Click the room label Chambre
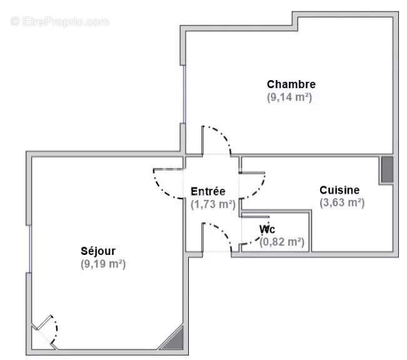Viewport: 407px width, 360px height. pyautogui.click(x=291, y=84)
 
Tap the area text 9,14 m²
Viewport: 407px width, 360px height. pyautogui.click(x=289, y=97)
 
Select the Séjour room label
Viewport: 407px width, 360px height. pyautogui.click(x=98, y=251)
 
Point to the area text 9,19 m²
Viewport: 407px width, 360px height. pyautogui.click(x=104, y=264)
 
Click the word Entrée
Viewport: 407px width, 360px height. pyautogui.click(x=208, y=191)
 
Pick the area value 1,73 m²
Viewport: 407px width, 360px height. pyautogui.click(x=213, y=204)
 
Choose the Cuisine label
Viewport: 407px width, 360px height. pyautogui.click(x=339, y=190)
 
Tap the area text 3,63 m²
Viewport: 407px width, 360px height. pyautogui.click(x=342, y=202)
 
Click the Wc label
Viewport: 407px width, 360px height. pyautogui.click(x=267, y=229)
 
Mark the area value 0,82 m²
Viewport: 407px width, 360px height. pyautogui.click(x=281, y=242)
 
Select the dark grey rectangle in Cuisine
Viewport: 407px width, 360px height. pyautogui.click(x=387, y=169)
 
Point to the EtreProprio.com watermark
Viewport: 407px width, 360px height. pyautogui.click(x=60, y=21)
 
